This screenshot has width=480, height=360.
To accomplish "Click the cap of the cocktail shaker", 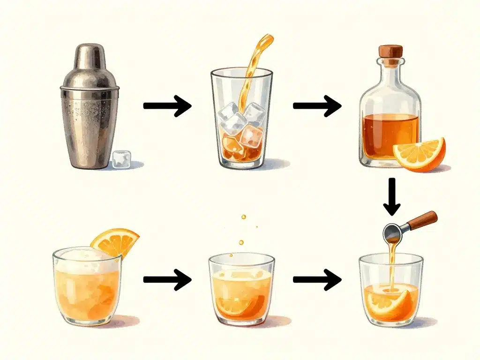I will point(90,57).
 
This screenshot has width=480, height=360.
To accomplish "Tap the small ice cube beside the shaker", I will point(121,159).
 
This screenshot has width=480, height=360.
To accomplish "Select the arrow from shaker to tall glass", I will point(167,106).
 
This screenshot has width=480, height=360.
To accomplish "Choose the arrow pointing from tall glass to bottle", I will point(317,106).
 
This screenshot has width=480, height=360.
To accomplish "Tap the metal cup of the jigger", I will point(393,232).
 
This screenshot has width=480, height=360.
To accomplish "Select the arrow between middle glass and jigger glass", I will point(317,280).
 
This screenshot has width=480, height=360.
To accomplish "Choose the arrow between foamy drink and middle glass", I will point(167,280).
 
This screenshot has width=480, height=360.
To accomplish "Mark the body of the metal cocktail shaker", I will point(89,127).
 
